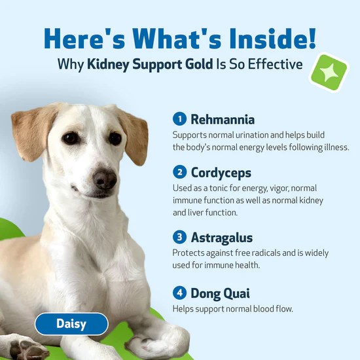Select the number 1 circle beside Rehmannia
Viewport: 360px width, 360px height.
[x=179, y=119]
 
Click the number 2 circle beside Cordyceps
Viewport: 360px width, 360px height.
[x=179, y=172]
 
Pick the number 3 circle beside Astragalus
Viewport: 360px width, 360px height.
[x=179, y=237]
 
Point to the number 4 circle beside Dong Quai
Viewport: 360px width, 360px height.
[x=179, y=292]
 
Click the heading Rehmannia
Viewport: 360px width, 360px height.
[x=223, y=119]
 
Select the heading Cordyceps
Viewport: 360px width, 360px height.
[x=221, y=172]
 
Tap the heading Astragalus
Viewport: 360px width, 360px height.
[x=222, y=237]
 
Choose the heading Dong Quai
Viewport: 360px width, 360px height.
[x=221, y=292]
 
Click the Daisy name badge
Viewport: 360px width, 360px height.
[x=71, y=323]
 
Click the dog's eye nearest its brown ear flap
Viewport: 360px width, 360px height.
[x=70, y=138]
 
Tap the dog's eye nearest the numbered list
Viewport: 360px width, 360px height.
[x=115, y=138]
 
